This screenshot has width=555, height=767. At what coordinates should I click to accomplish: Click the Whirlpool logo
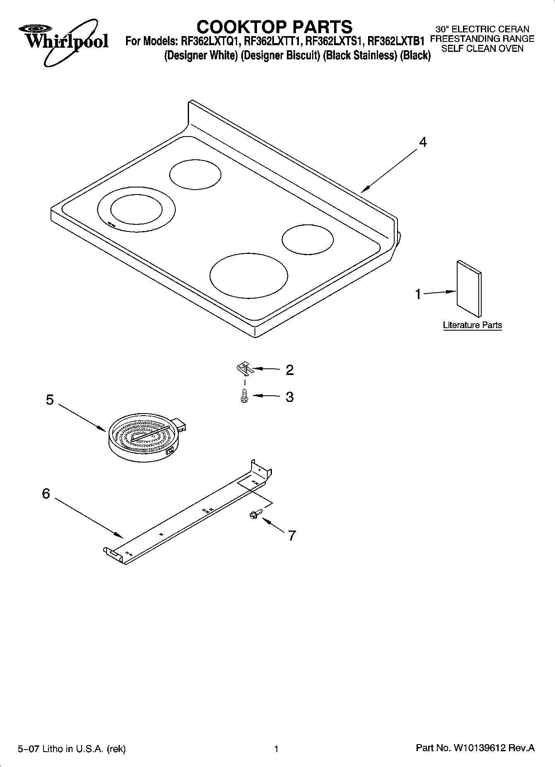coord(63,42)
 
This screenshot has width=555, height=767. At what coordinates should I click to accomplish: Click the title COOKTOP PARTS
coord(274,27)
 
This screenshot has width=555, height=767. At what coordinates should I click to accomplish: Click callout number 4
coord(422,142)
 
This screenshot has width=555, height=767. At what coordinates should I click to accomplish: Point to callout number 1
coord(418,294)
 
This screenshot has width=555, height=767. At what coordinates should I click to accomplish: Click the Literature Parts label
coord(472,325)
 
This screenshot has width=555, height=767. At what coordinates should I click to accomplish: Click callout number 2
coord(289,370)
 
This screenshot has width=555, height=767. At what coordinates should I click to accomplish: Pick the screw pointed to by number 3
coord(244,396)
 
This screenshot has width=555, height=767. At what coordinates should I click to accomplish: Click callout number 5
coord(50,400)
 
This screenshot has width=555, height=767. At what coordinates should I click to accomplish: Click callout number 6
coord(46,494)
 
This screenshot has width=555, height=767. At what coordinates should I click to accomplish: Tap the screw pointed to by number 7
coord(253,515)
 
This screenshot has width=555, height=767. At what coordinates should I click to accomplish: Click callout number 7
coord(292,536)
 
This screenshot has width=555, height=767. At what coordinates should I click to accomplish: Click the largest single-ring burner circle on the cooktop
coord(248,275)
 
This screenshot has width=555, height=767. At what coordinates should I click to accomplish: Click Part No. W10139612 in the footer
coord(475,748)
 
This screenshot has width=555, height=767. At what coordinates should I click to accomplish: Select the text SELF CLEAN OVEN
coord(482,49)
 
